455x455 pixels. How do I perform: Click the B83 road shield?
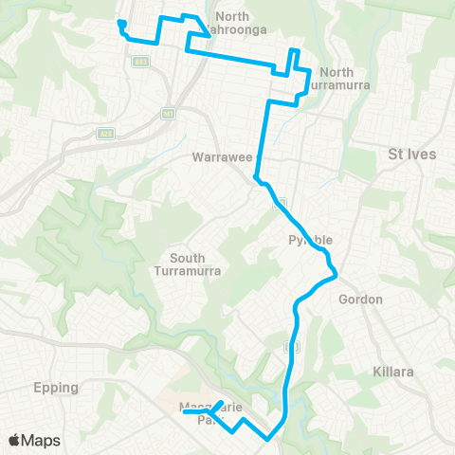point(139,62)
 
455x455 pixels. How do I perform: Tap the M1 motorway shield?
point(170,114)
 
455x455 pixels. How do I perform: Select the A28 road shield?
point(103,134)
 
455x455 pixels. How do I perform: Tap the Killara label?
point(392,372)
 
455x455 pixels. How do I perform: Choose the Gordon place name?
point(360,300)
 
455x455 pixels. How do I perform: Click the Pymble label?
point(306,241)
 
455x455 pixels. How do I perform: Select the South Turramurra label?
point(195,264)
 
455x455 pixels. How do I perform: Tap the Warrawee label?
point(220,155)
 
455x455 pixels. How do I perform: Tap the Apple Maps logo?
point(34,440)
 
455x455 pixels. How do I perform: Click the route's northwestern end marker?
point(121,24)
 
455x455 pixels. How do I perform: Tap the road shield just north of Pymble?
point(280,203)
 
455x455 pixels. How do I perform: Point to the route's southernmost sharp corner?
point(268,439)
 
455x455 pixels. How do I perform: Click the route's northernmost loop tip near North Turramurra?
point(294,50)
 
